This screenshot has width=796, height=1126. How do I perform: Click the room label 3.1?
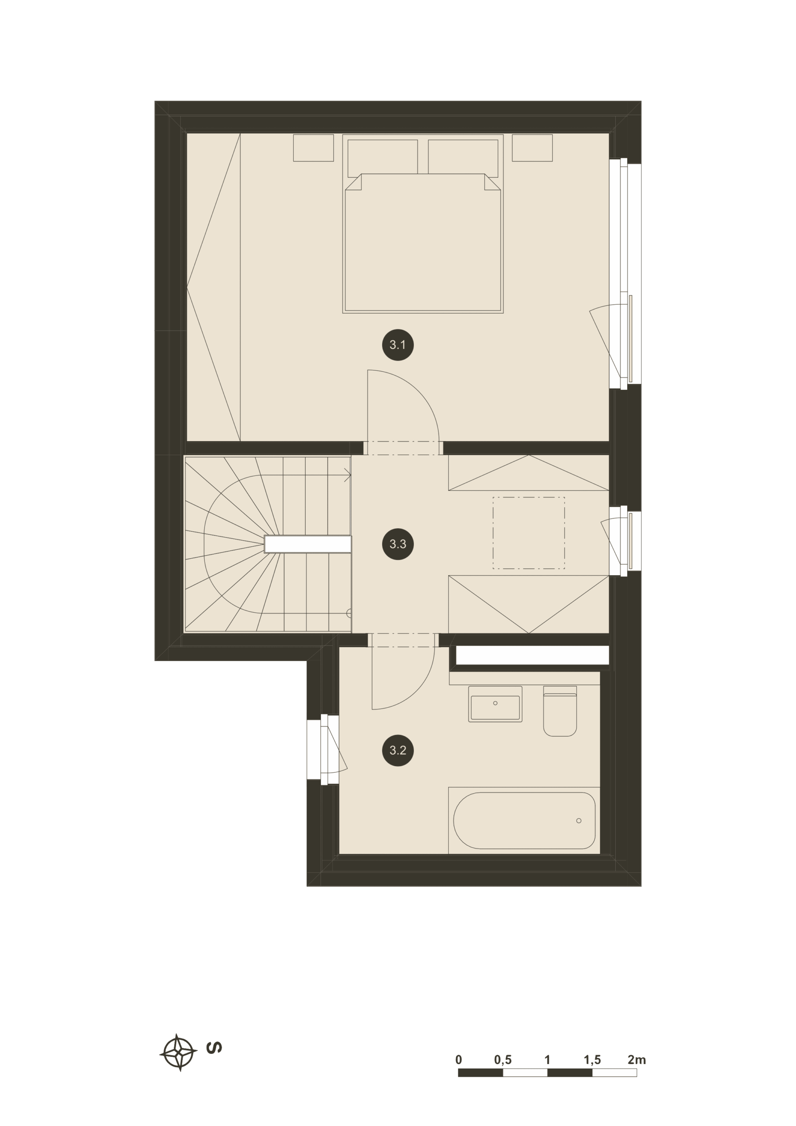click(398, 345)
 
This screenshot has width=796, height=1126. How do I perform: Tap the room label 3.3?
click(398, 544)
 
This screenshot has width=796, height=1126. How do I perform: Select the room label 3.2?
click(398, 750)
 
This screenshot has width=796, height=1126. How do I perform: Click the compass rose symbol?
click(179, 1053)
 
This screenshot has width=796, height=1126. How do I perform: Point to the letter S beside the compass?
click(214, 1048)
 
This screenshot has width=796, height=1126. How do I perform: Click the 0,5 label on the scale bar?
click(503, 1060)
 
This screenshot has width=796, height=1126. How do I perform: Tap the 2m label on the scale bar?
click(637, 1060)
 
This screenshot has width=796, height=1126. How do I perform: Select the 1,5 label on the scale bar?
click(592, 1060)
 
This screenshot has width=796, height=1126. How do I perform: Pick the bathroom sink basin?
click(495, 704)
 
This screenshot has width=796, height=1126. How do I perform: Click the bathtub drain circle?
click(579, 820)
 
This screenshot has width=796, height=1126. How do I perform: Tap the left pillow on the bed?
click(383, 158)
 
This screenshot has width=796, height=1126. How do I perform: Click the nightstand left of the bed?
click(314, 148)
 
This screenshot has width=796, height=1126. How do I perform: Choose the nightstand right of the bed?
click(532, 148)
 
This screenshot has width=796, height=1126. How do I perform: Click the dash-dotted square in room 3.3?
click(529, 533)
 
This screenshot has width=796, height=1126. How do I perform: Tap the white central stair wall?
click(308, 545)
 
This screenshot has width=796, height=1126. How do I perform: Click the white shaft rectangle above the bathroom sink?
click(532, 655)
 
